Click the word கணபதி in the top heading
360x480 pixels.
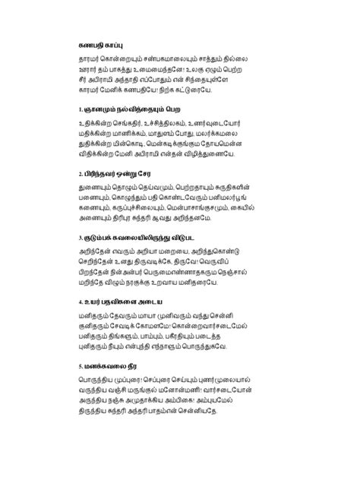pos(92,45)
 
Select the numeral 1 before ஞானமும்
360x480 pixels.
pos(81,110)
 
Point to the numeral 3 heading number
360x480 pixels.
pos(81,237)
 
